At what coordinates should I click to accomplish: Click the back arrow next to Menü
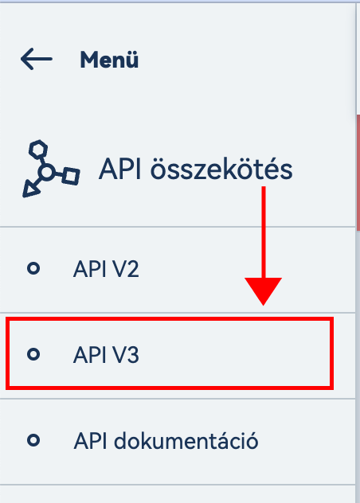(37, 59)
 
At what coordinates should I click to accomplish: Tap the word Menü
(109, 60)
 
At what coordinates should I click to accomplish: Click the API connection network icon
(51, 169)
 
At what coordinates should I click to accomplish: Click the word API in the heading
(119, 169)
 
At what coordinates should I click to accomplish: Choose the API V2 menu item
(106, 269)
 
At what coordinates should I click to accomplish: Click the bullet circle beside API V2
(33, 268)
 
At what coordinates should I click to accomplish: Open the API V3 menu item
(106, 355)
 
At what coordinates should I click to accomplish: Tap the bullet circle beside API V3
(33, 354)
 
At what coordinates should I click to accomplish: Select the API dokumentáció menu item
(166, 441)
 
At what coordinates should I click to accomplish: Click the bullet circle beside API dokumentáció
(33, 440)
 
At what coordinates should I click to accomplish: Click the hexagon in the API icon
(38, 149)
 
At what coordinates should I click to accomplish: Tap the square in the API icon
(71, 176)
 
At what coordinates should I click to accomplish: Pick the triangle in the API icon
(31, 189)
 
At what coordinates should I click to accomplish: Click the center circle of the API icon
(47, 172)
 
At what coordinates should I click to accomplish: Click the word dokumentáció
(186, 441)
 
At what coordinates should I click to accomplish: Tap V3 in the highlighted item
(127, 355)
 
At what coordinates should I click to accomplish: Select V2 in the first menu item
(127, 269)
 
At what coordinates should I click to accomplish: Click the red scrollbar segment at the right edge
(358, 173)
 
